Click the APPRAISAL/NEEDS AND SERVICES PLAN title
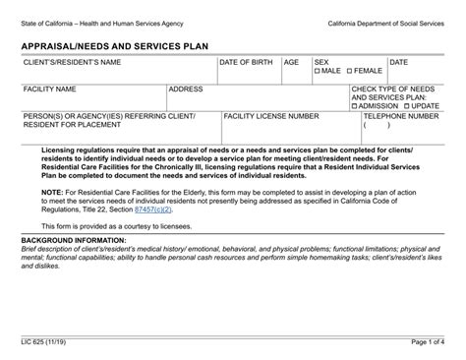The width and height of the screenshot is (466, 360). [116, 45]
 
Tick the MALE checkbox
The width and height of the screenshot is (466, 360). [318, 72]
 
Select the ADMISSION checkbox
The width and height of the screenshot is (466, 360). [355, 106]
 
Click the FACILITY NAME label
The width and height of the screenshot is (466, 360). [50, 89]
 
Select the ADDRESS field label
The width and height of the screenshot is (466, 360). [186, 89]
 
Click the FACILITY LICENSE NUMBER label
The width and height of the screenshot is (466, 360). [271, 116]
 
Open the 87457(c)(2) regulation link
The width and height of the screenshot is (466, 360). [154, 210]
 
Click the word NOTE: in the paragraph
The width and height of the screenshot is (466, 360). [53, 192]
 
